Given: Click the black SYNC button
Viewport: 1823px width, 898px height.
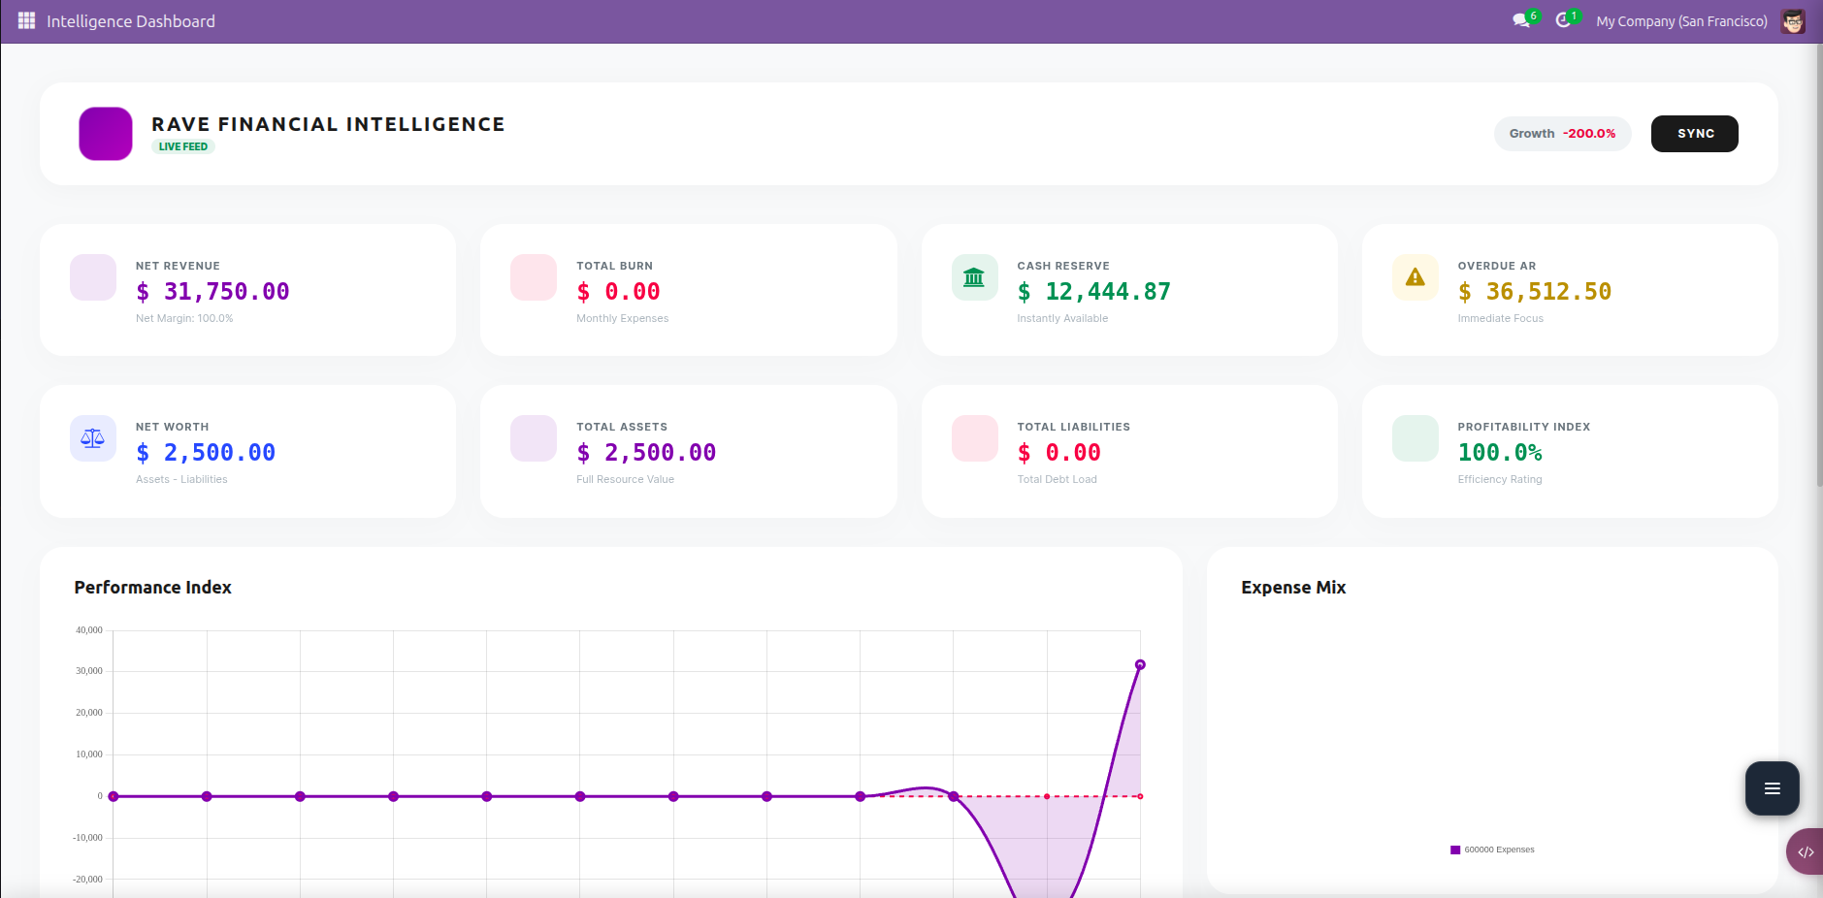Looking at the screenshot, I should click(1694, 134).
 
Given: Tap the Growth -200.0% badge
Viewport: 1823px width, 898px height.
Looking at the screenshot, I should click(1562, 134).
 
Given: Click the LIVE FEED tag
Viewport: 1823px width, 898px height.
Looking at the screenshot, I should click(182, 147).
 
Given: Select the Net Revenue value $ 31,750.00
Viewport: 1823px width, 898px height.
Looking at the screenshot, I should click(212, 292).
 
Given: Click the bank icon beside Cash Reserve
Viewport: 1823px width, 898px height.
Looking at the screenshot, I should click(974, 278).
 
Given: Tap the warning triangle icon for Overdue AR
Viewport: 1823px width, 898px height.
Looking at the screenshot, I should click(1415, 278).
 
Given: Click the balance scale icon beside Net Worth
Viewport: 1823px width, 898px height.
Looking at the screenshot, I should click(93, 439).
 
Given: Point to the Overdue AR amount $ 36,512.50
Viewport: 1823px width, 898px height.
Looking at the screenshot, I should click(1534, 292).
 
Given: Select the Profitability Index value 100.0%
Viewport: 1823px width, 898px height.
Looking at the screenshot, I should click(1499, 453).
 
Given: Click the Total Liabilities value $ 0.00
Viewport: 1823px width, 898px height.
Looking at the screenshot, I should click(1058, 453).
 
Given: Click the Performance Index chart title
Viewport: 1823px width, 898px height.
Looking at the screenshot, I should click(152, 588).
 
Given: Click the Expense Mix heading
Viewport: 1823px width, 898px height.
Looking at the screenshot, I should click(1292, 588).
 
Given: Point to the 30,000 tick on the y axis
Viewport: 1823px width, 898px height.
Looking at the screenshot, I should click(89, 671).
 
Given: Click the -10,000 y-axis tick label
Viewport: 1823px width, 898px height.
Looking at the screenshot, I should click(87, 838).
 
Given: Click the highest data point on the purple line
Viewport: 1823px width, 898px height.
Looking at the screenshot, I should click(1140, 665).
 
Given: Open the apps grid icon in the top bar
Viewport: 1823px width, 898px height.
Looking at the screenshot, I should click(26, 21).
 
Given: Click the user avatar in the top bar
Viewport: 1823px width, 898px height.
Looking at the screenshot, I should click(1793, 21).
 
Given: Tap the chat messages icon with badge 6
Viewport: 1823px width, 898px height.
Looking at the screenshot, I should click(1521, 20).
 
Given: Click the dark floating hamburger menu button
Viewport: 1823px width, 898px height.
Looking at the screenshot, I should click(1772, 788).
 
